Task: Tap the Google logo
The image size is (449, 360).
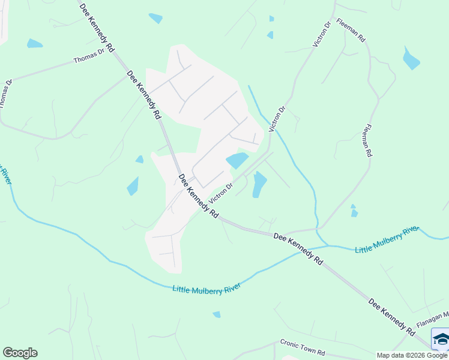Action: [20, 353]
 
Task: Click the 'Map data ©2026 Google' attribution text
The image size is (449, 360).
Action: [412, 355]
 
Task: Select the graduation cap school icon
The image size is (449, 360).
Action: [441, 340]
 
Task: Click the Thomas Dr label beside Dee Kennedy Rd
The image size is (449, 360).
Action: [89, 57]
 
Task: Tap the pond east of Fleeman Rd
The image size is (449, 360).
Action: [411, 59]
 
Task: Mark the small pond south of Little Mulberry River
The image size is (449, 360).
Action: [217, 314]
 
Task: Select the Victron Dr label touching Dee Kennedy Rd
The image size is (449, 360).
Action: [220, 193]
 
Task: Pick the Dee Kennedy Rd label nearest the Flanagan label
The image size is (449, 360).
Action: [391, 317]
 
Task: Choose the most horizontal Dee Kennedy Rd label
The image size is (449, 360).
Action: [298, 248]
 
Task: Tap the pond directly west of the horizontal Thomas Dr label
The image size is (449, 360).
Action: [34, 44]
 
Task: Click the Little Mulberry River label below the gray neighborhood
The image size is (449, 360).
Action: [206, 289]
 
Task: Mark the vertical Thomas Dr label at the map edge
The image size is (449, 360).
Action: [5, 93]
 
